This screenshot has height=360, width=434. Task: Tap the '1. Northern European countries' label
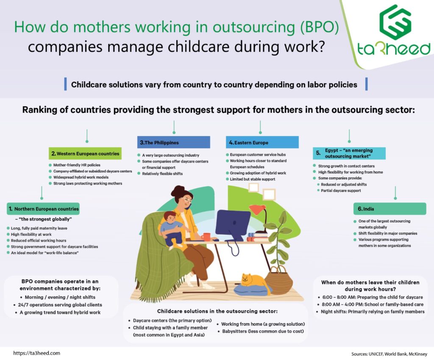pyautogui.click(x=43, y=209)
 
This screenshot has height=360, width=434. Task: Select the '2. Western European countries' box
pyautogui.click(x=85, y=153)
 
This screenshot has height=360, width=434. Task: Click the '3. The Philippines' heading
pyautogui.click(x=173, y=142)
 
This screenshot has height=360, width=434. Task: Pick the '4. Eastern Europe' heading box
pyautogui.click(x=262, y=142)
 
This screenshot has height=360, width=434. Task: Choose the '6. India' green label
pyautogui.click(x=390, y=209)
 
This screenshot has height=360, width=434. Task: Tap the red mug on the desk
pyautogui.click(x=206, y=237)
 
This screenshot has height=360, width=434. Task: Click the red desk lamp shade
pyautogui.click(x=257, y=209)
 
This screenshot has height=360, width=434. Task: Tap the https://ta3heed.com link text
pyautogui.click(x=36, y=353)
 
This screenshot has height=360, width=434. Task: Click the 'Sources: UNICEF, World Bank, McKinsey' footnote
pyautogui.click(x=389, y=354)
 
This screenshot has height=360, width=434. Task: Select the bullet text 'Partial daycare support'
pyautogui.click(x=341, y=191)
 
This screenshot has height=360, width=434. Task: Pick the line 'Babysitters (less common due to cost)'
pyautogui.click(x=263, y=331)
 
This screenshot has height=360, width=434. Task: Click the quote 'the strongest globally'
pyautogui.click(x=45, y=219)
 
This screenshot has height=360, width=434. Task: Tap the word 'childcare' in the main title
pyautogui.click(x=198, y=47)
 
